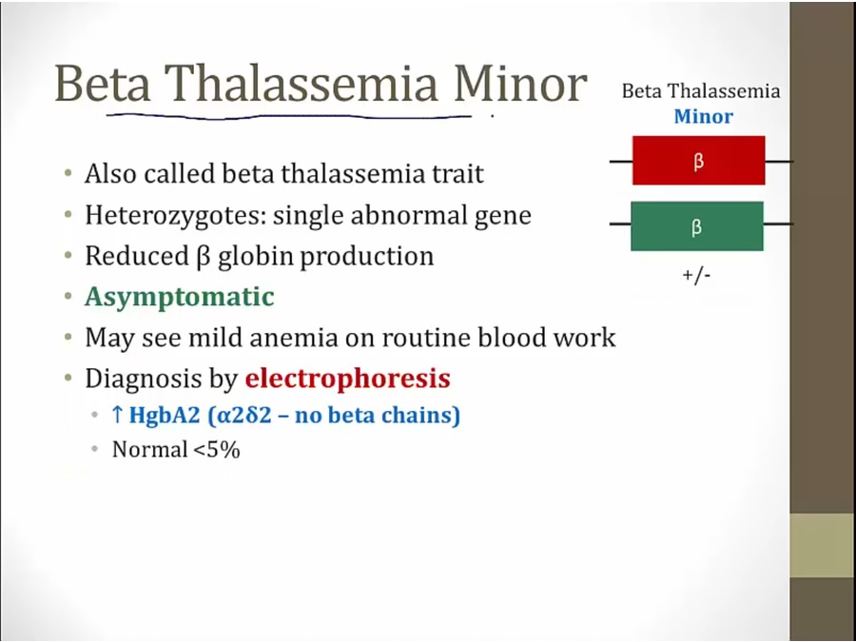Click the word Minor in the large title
click(x=520, y=84)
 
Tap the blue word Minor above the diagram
click(x=703, y=116)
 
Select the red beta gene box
click(x=699, y=161)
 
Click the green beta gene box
click(x=697, y=226)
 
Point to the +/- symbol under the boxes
click(x=696, y=275)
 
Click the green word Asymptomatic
click(x=180, y=298)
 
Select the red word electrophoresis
click(x=348, y=379)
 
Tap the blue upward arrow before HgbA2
click(x=117, y=415)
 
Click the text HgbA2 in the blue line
click(x=165, y=416)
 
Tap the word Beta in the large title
click(x=103, y=84)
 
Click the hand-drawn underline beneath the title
click(x=289, y=116)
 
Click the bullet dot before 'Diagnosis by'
click(x=68, y=378)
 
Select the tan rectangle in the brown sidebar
click(x=823, y=545)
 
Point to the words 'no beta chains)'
click(x=378, y=416)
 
